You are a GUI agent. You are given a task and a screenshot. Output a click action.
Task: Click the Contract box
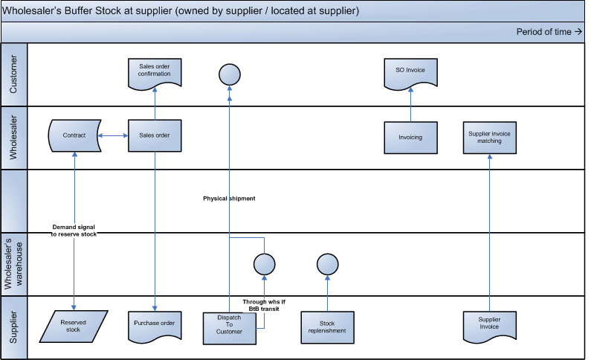coord(75,136)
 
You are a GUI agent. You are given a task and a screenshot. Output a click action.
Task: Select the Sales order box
coord(155,136)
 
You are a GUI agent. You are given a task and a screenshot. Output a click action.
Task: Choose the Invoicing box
coord(410,137)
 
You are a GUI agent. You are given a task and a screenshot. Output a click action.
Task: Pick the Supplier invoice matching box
coord(489,137)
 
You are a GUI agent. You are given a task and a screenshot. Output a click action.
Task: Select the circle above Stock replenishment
coord(327,264)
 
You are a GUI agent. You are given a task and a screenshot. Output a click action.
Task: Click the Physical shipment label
coord(229,199)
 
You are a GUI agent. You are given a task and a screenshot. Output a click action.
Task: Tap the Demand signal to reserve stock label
coord(74,229)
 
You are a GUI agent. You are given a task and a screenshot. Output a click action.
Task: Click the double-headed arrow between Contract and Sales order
coord(114,135)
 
